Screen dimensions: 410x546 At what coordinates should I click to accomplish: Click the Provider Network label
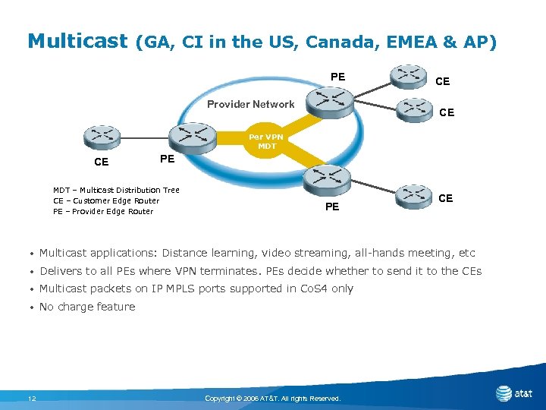click(251, 104)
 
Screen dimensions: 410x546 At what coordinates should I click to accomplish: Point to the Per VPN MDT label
click(267, 142)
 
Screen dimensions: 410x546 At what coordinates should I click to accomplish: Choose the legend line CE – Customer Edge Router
click(106, 200)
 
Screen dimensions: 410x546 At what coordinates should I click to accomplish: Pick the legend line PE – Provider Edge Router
click(103, 211)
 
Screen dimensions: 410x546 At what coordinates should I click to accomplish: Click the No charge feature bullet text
click(87, 307)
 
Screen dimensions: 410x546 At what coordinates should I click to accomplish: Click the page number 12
click(32, 399)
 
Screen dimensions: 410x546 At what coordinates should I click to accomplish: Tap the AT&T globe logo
click(504, 393)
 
